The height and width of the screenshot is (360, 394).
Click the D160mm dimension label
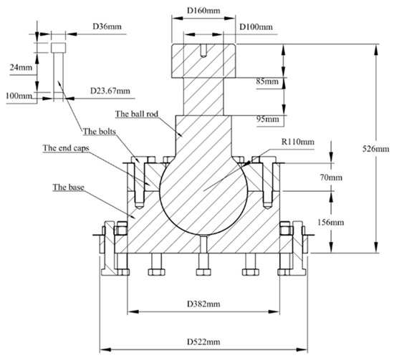click(203, 11)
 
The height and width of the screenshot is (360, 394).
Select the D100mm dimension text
click(256, 27)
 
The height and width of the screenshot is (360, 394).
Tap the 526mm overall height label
click(375, 149)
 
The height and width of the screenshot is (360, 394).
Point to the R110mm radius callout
click(298, 142)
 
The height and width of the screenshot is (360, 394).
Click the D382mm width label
click(203, 304)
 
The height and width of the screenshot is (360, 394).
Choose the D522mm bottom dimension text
click(203, 341)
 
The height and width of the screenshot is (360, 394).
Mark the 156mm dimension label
click(331, 222)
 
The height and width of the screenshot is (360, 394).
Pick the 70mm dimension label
click(331, 177)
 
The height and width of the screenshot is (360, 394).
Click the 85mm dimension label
click(267, 82)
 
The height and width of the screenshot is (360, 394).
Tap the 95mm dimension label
click(268, 119)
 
